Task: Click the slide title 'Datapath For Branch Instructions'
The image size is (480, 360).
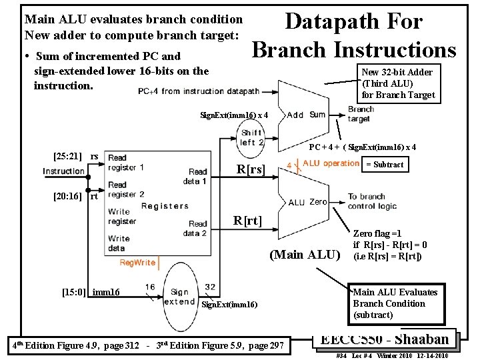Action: (354, 35)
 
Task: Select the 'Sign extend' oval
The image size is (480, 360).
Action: (179, 296)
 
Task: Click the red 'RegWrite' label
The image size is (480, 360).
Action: (137, 263)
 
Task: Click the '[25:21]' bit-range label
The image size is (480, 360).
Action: (67, 157)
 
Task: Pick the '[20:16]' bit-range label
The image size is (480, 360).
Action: (67, 196)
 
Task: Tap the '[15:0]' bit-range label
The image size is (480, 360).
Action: (73, 292)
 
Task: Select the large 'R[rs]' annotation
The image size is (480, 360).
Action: (251, 170)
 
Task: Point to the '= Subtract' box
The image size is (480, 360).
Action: (385, 165)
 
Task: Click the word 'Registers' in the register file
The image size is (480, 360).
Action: (164, 206)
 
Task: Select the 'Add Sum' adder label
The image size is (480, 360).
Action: (306, 115)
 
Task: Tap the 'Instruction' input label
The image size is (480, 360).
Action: (64, 171)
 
